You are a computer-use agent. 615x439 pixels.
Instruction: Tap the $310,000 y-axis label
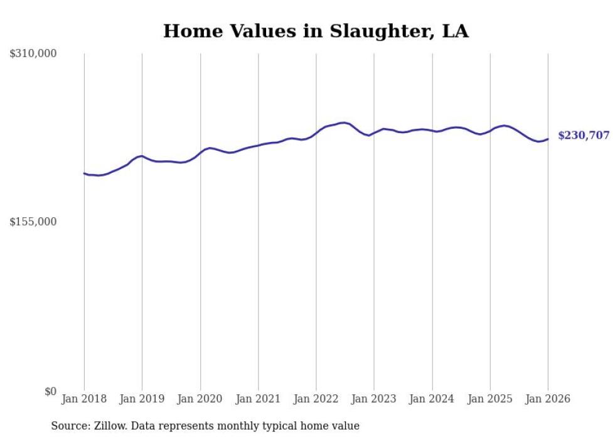33,54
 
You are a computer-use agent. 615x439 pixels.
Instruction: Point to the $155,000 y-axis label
33,222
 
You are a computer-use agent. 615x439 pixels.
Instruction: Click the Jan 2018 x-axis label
84,399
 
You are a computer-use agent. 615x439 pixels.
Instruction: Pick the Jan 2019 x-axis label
142,399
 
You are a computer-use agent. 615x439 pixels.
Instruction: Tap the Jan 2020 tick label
200,399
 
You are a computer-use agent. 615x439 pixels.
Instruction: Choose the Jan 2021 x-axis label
258,399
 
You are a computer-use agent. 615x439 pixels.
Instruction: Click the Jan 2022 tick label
316,399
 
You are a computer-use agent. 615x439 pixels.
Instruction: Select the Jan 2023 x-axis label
374,399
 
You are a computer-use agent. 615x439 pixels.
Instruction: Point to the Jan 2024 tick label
432,399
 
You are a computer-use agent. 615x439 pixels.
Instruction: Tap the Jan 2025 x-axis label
490,399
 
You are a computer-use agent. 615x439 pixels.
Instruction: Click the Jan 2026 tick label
548,399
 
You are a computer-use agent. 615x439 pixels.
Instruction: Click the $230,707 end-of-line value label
583,136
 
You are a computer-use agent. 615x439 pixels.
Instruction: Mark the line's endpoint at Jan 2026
548,139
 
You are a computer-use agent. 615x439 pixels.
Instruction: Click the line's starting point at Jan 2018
84,173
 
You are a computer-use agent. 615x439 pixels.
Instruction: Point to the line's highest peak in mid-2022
343,122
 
